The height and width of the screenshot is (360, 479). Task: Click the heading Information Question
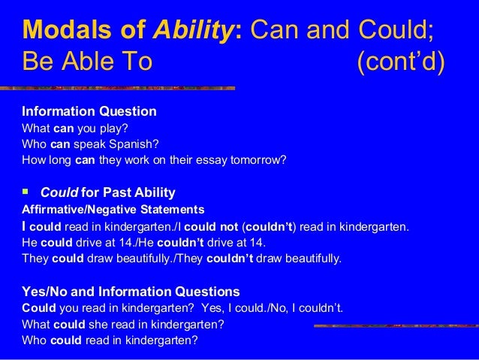tap(89, 111)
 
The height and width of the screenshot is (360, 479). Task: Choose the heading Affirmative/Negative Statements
tap(113, 208)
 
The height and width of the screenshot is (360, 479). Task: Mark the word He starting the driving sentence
tap(29, 242)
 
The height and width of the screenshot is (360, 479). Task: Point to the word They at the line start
tap(35, 259)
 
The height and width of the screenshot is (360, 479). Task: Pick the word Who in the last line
tap(35, 340)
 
